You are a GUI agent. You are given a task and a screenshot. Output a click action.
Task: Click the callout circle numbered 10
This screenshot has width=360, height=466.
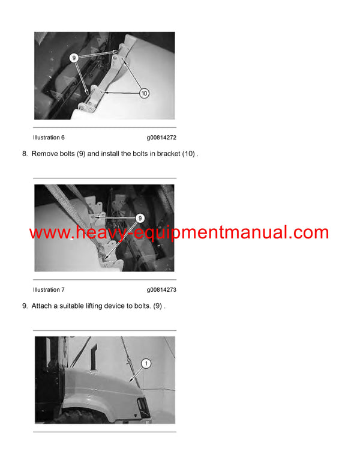click(x=144, y=93)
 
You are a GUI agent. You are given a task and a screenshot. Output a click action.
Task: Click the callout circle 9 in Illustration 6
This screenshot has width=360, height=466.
click(x=74, y=58)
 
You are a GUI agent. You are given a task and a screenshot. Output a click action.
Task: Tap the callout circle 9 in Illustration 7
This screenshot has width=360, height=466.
click(x=140, y=218)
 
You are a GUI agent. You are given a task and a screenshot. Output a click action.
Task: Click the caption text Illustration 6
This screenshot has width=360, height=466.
click(x=49, y=138)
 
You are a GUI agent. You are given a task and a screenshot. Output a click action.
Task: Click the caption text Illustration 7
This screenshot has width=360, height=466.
click(x=49, y=289)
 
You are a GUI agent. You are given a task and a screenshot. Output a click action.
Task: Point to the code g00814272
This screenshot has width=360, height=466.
click(x=161, y=138)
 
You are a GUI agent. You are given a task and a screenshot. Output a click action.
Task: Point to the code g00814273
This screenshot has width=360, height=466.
click(x=161, y=289)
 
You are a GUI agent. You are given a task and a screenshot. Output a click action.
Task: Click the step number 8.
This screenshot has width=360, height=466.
click(x=25, y=154)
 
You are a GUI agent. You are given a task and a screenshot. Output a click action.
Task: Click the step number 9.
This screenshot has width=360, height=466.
click(x=25, y=306)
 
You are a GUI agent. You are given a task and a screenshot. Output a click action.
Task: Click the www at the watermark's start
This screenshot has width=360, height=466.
click(x=49, y=233)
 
